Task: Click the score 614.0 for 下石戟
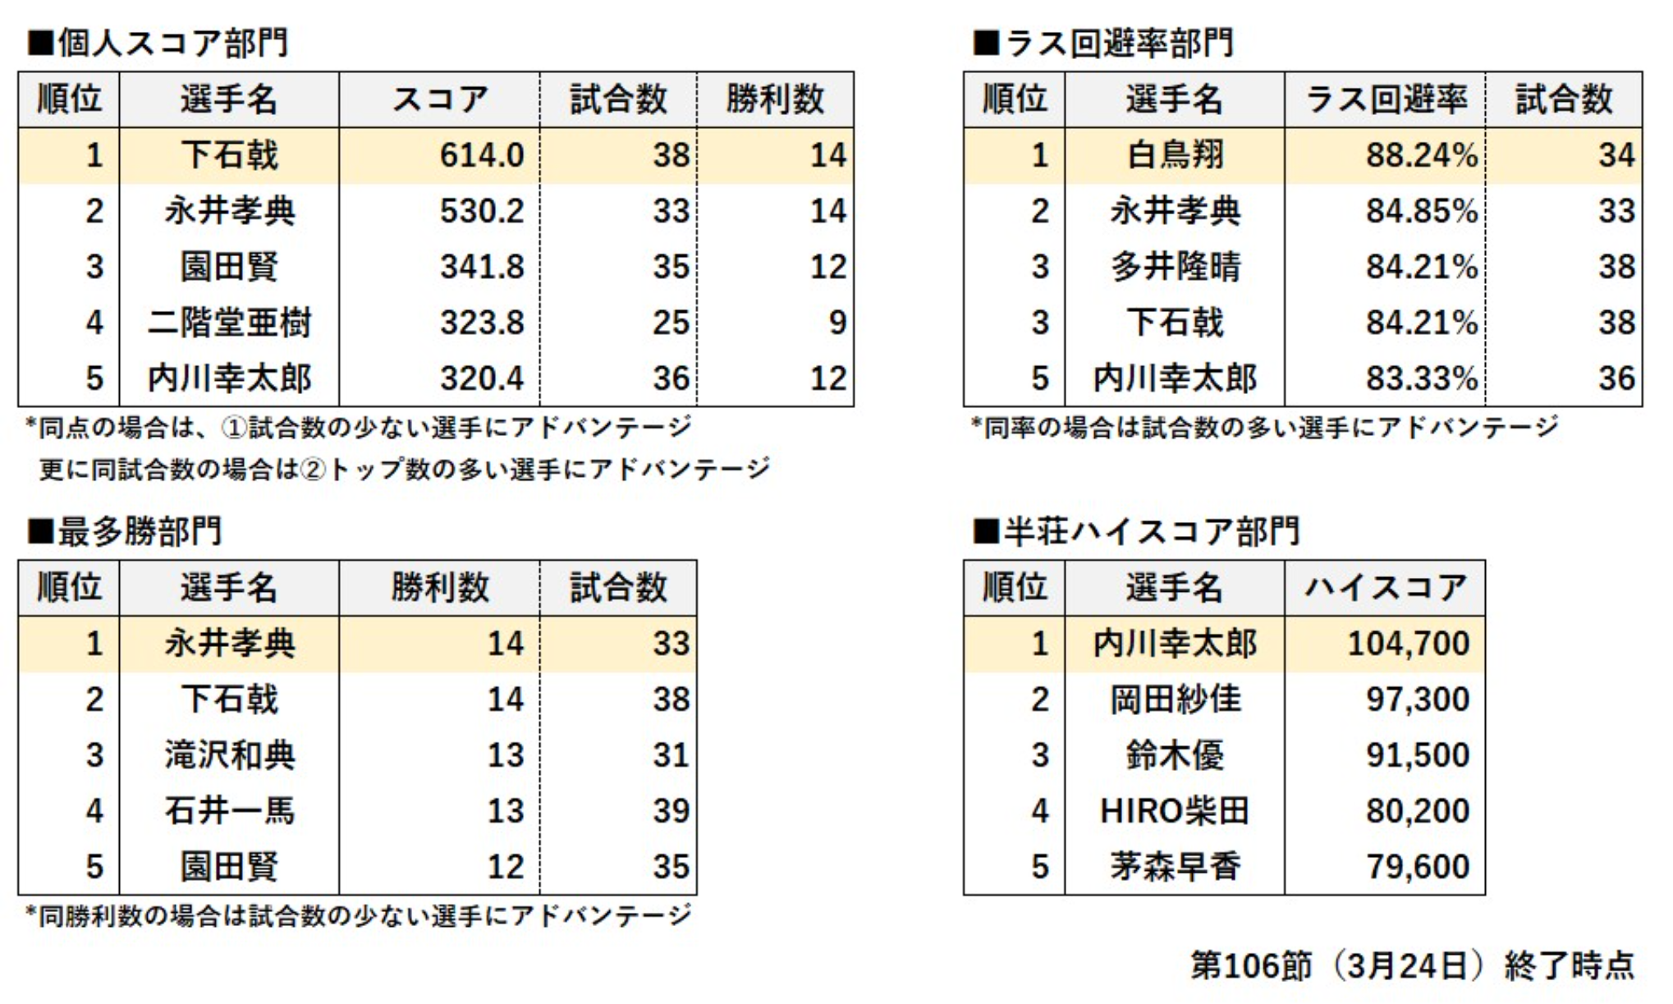pyautogui.click(x=481, y=155)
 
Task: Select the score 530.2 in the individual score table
pyautogui.click(x=481, y=211)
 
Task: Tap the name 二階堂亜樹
pyautogui.click(x=229, y=323)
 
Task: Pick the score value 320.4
pyautogui.click(x=481, y=378)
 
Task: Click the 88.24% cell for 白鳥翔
pyautogui.click(x=1421, y=155)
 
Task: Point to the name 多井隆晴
pyautogui.click(x=1175, y=267)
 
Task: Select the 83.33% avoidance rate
pyautogui.click(x=1421, y=378)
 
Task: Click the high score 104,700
pyautogui.click(x=1408, y=644)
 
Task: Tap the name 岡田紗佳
pyautogui.click(x=1175, y=699)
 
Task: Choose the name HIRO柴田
pyautogui.click(x=1175, y=811)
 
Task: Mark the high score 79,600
pyautogui.click(x=1417, y=867)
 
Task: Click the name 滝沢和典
pyautogui.click(x=229, y=755)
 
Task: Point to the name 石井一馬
pyautogui.click(x=229, y=811)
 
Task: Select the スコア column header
pyautogui.click(x=439, y=99)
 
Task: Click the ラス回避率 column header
pyautogui.click(x=1386, y=99)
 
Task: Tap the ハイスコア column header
pyautogui.click(x=1386, y=588)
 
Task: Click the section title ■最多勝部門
pyautogui.click(x=125, y=532)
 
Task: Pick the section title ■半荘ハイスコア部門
pyautogui.click(x=1136, y=532)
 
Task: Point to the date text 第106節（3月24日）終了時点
pyautogui.click(x=1412, y=965)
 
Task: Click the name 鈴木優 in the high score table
pyautogui.click(x=1175, y=755)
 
